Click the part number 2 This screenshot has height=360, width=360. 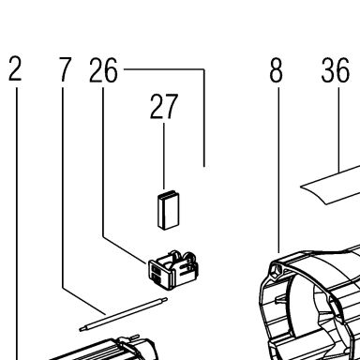point(15,69)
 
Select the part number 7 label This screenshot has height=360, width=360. point(65,69)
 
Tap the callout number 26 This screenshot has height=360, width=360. point(103,70)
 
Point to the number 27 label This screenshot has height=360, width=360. point(164,107)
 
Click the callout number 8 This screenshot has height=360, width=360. point(276,70)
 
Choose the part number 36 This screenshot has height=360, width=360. point(335,70)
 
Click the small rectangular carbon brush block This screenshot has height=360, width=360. point(169,210)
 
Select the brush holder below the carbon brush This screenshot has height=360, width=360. point(173,269)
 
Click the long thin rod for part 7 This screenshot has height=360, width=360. point(124,314)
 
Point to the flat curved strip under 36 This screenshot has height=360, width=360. point(331,186)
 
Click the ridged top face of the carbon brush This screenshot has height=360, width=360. point(169,195)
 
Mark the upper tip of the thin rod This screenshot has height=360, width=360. point(166,299)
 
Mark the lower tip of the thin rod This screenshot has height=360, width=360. point(81,329)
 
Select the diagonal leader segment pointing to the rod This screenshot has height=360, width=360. point(83,301)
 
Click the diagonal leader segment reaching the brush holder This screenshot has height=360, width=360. point(125,250)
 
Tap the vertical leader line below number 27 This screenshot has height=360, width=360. point(164,157)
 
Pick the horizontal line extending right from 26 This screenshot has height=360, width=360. point(164,69)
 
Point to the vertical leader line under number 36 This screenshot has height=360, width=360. point(338,129)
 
